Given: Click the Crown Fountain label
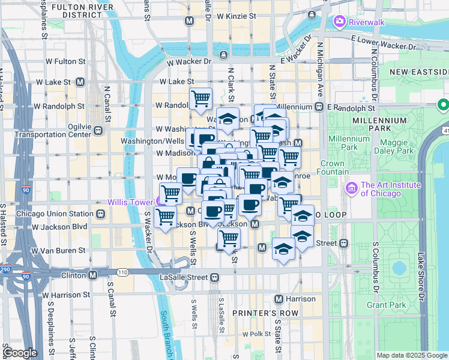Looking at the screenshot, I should [332, 167].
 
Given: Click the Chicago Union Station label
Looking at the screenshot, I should [55, 214].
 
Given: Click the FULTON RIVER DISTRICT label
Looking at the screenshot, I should [75, 10].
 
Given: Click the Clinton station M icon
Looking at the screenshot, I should [93, 275].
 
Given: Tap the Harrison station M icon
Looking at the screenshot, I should [279, 299].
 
